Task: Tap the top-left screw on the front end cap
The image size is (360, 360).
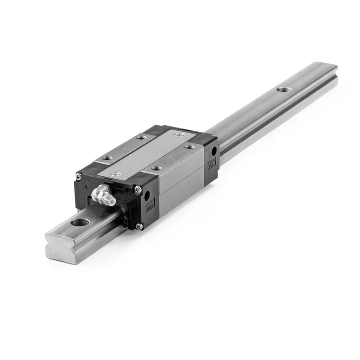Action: tap(79, 176)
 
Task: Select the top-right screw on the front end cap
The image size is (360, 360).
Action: tap(138, 189)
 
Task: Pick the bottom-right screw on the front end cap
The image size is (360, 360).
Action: tap(139, 226)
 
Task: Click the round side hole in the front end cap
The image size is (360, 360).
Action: tap(147, 195)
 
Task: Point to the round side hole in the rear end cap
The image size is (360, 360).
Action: tap(214, 151)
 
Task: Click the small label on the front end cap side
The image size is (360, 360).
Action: tap(150, 206)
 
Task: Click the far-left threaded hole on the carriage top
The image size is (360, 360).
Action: tap(141, 137)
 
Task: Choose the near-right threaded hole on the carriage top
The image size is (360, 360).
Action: tap(156, 168)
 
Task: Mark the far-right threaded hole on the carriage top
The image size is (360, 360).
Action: tap(189, 147)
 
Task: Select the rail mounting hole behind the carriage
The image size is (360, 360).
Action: tap(282, 89)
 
